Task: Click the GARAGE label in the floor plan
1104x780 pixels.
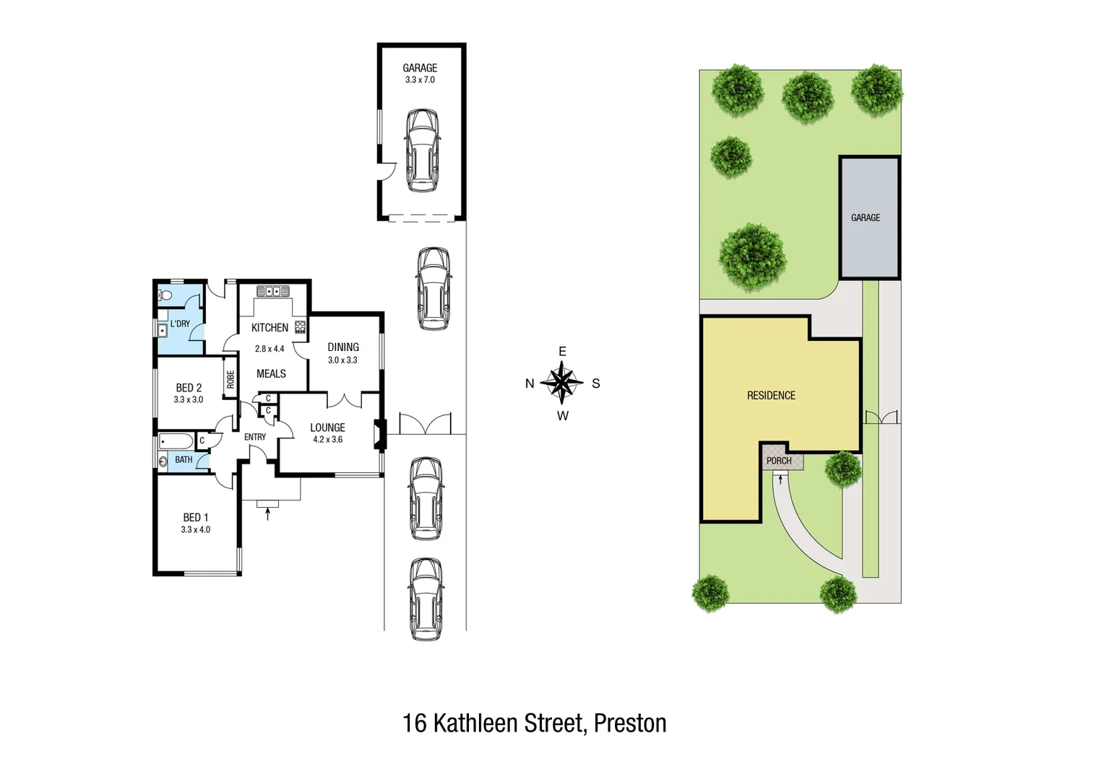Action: [x=420, y=68]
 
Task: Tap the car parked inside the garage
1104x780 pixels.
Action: [x=422, y=150]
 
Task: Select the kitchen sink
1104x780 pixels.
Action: [x=273, y=291]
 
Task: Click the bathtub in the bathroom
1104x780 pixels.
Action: [x=176, y=441]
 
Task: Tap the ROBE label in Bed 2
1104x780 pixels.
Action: [x=230, y=379]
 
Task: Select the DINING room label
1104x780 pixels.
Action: [x=343, y=347]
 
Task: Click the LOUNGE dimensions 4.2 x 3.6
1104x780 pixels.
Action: [x=327, y=439]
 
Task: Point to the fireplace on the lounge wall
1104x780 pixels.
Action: [x=378, y=435]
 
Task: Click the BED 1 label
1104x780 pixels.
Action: [x=196, y=517]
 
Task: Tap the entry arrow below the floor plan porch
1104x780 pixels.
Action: [x=268, y=513]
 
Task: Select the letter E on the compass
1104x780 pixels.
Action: [x=562, y=352]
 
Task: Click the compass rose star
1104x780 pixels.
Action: [x=562, y=383]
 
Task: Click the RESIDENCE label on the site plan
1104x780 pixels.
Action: [x=771, y=396]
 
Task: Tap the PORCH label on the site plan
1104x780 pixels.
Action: [x=779, y=461]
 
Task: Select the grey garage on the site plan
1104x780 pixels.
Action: [x=869, y=217]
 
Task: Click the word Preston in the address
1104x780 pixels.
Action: [x=630, y=723]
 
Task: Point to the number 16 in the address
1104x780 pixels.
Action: [x=414, y=723]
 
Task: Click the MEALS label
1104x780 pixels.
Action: [x=271, y=373]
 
